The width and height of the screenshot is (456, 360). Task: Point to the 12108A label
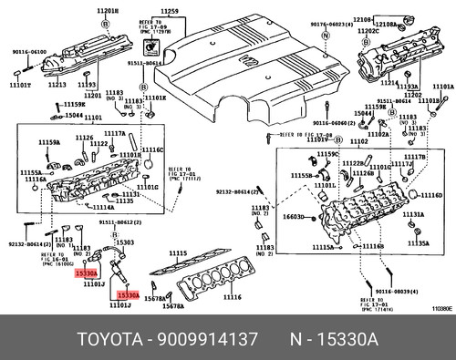[x=394, y=18]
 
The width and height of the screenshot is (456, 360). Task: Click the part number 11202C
[x=368, y=30]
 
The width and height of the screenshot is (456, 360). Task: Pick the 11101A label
[x=442, y=87]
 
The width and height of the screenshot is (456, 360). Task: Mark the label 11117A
[x=114, y=133]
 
